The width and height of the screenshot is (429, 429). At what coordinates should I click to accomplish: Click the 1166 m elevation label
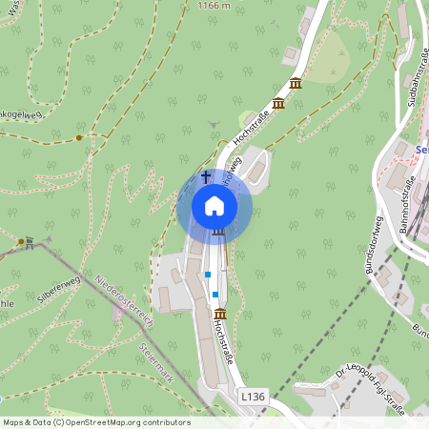213,6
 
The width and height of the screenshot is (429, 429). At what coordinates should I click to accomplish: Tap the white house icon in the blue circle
214,206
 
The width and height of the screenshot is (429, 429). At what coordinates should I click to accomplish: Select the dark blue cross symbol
205,176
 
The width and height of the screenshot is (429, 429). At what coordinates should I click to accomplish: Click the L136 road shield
253,396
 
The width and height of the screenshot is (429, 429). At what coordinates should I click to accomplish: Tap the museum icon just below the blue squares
220,315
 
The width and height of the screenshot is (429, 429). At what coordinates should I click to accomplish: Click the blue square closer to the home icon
207,275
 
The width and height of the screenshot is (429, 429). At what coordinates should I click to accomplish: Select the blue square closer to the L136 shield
215,294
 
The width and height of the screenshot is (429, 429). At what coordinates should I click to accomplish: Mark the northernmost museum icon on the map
296,83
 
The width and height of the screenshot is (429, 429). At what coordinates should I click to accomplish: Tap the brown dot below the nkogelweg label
78,138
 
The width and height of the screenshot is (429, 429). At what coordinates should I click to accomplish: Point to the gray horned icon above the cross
213,123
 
